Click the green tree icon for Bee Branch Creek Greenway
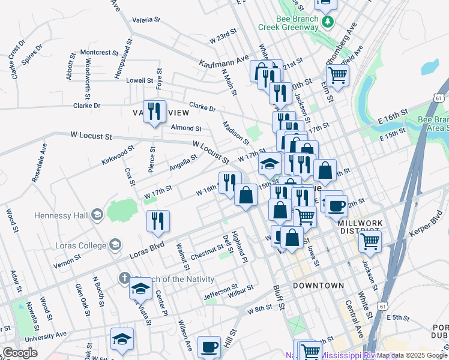[x=327, y=23]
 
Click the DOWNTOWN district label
[x=318, y=286]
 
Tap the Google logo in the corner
[x=20, y=352]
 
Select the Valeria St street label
[x=146, y=19]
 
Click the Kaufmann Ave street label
[x=224, y=62]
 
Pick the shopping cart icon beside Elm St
[x=338, y=76]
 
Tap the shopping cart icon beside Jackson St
[x=370, y=241]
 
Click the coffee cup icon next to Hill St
[x=209, y=346]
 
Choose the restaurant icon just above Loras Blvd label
[x=158, y=220]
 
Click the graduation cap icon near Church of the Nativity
[x=141, y=288]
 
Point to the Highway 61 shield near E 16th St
[x=439, y=98]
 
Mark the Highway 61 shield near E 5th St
[x=382, y=306]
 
